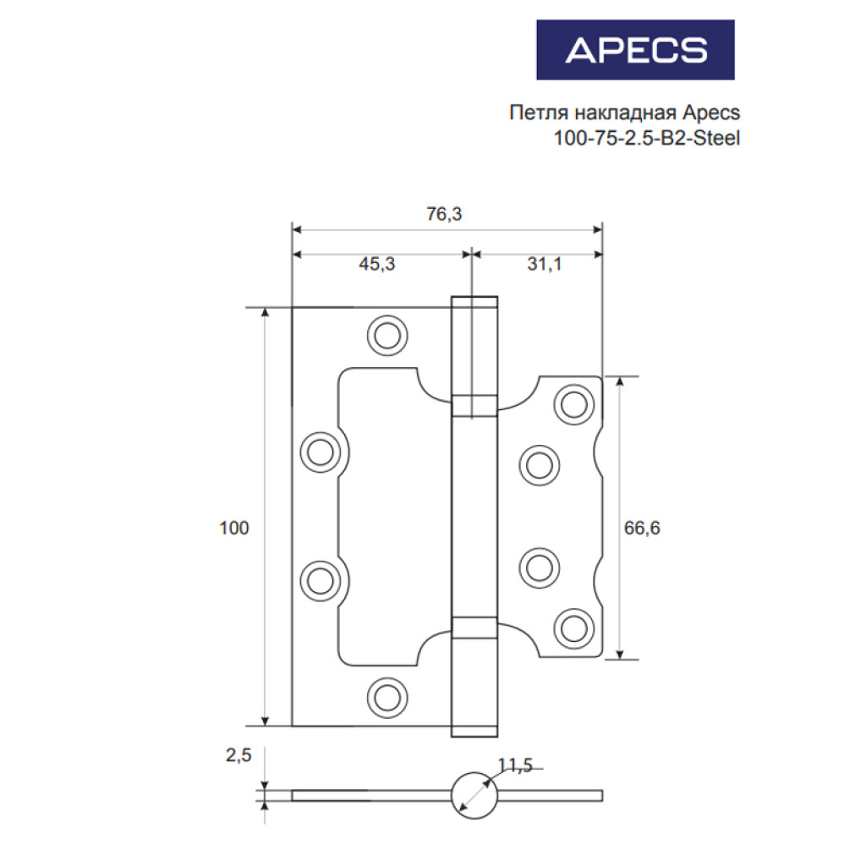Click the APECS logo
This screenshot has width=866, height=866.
tap(635, 50)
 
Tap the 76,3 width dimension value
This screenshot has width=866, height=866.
tap(444, 214)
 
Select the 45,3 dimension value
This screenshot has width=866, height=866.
tap(377, 264)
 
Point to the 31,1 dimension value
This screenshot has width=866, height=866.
tap(544, 264)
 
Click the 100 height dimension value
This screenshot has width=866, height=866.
tap(234, 528)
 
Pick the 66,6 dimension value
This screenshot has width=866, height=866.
tap(642, 528)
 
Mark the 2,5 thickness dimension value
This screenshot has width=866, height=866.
tap(238, 755)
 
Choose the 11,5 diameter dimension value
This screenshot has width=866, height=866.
tap(515, 765)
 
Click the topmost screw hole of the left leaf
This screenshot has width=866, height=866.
tap(387, 335)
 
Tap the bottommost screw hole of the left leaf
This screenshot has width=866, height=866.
tap(387, 697)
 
